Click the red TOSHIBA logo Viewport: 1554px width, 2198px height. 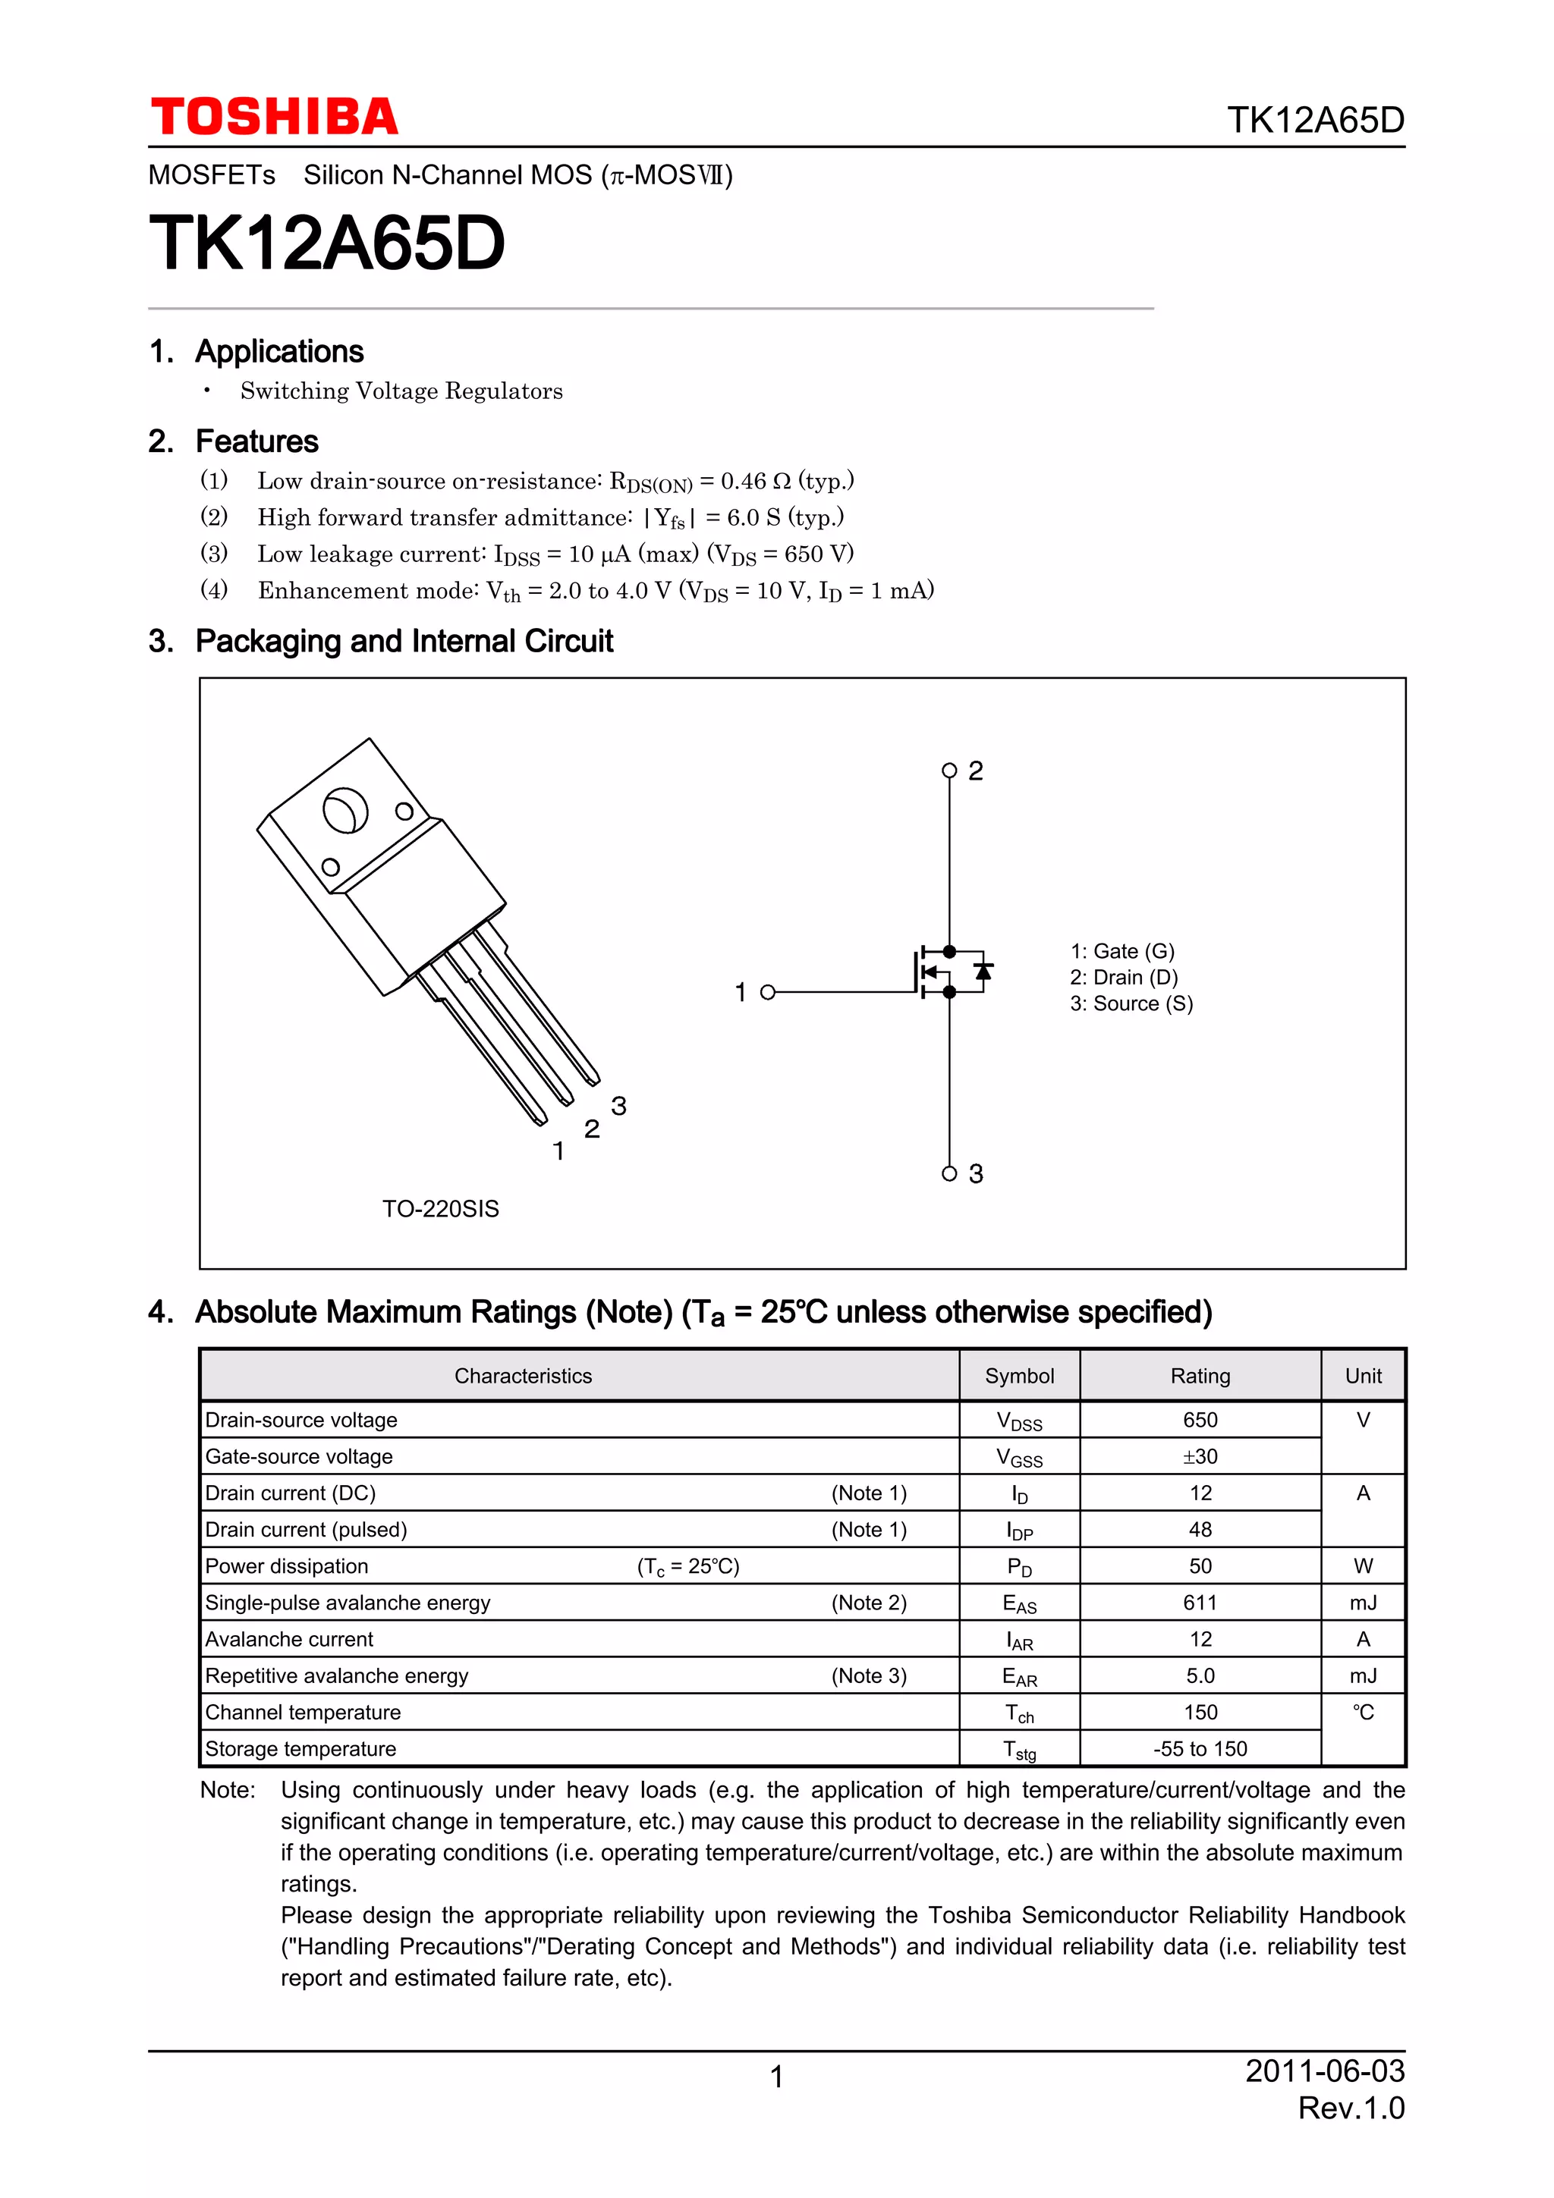pyautogui.click(x=274, y=117)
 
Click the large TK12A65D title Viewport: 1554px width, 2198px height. pyautogui.click(x=326, y=243)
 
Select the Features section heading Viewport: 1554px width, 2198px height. pyautogui.click(x=256, y=441)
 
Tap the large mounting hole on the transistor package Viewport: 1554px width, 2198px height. pyautogui.click(x=344, y=810)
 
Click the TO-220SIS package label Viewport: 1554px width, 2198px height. pyautogui.click(x=440, y=1209)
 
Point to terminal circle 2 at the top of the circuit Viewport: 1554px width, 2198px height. pyautogui.click(x=949, y=771)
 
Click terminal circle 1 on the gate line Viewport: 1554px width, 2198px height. pyautogui.click(x=767, y=992)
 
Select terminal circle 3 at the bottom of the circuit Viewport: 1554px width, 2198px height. pyautogui.click(x=949, y=1173)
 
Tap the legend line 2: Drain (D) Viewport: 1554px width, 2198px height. pyautogui.click(x=1123, y=978)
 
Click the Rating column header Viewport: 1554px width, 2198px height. pyautogui.click(x=1200, y=1376)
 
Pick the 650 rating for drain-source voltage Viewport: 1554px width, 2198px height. pyautogui.click(x=1200, y=1420)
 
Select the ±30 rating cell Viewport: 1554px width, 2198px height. pyautogui.click(x=1200, y=1456)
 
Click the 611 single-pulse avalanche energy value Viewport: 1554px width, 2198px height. pyautogui.click(x=1200, y=1603)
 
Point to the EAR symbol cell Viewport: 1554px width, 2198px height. pyautogui.click(x=1019, y=1676)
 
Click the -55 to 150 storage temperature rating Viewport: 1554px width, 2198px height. pyautogui.click(x=1200, y=1749)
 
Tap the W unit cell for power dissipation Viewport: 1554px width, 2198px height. pyautogui.click(x=1363, y=1566)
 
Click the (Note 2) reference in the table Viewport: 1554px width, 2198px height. pyautogui.click(x=869, y=1603)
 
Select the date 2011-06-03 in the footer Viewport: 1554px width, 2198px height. pyautogui.click(x=1324, y=2071)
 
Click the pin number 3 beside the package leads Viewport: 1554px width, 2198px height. pyautogui.click(x=618, y=1106)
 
